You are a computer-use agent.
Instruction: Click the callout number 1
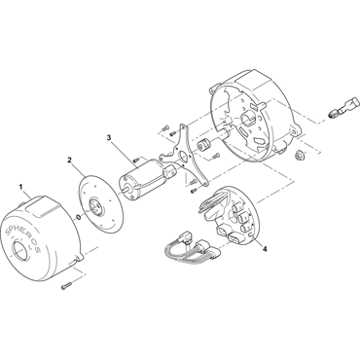click(21, 187)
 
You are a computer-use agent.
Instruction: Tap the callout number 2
click(69, 160)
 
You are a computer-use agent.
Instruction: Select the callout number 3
click(109, 137)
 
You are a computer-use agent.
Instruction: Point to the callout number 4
click(265, 249)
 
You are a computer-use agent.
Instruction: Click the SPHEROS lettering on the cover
click(23, 238)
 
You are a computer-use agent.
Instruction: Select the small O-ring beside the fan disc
click(79, 217)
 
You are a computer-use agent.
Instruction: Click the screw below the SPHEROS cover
click(65, 286)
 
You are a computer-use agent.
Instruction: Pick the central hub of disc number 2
click(95, 208)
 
